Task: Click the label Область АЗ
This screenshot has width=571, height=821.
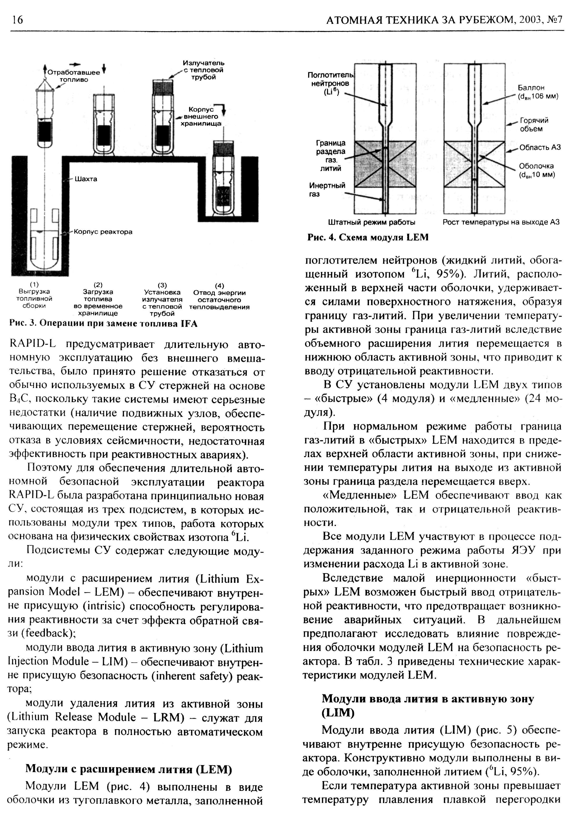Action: point(540,147)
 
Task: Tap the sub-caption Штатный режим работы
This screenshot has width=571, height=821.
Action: point(372,222)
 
